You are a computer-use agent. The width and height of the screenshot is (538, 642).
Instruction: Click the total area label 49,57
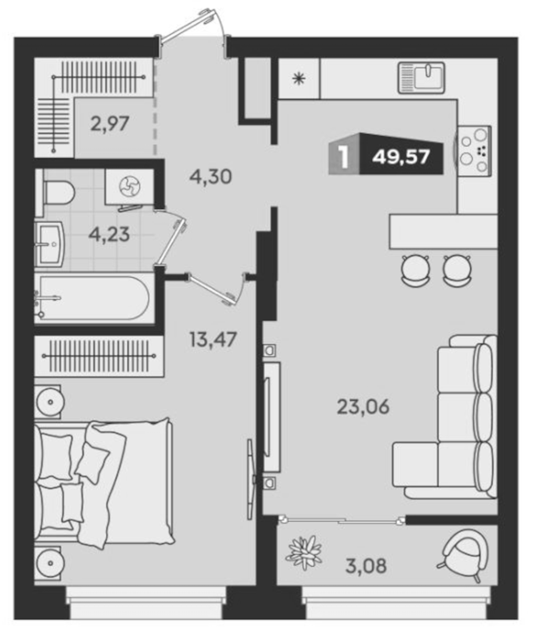(x=401, y=157)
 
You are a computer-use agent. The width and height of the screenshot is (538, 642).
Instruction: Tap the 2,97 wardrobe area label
(x=110, y=124)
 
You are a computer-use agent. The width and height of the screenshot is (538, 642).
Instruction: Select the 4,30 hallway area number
(x=211, y=176)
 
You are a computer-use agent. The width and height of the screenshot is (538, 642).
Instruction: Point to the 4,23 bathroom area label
(x=110, y=235)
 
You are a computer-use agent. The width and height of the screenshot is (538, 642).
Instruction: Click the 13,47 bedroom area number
(x=214, y=339)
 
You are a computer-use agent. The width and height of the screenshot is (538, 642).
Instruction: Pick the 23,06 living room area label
(x=363, y=407)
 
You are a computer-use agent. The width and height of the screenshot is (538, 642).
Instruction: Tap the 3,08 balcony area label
(x=367, y=567)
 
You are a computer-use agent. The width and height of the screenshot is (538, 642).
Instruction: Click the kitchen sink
(x=422, y=77)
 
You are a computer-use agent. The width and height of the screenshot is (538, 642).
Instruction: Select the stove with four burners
(x=474, y=150)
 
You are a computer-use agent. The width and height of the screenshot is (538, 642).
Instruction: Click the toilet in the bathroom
(x=57, y=193)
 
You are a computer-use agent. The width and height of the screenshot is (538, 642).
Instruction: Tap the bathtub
(x=93, y=297)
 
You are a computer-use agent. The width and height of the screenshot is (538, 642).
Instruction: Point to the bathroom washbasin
(x=49, y=244)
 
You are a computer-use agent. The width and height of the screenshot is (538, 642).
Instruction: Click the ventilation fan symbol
(x=130, y=187)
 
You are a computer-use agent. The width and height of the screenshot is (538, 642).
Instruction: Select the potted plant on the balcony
(x=304, y=553)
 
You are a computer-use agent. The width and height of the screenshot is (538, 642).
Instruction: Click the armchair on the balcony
(x=463, y=554)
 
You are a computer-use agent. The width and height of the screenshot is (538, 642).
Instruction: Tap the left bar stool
(x=416, y=271)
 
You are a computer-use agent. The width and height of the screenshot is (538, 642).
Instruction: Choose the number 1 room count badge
(x=345, y=157)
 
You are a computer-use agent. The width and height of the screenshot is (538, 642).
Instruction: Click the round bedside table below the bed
(x=49, y=562)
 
